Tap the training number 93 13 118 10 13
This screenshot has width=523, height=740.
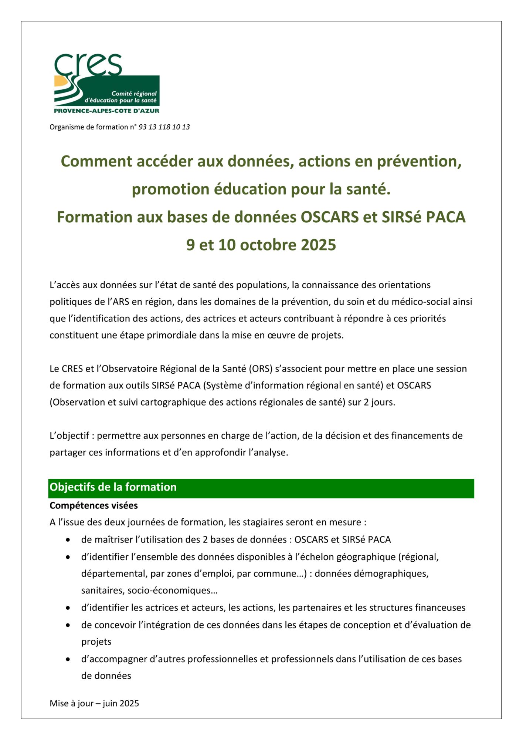coord(164,127)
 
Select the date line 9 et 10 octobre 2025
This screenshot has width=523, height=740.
coord(261,245)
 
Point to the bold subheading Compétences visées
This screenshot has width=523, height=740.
coord(94,505)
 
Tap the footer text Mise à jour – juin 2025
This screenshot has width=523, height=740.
coord(94,703)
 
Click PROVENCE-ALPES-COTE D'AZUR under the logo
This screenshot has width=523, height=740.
coord(106,111)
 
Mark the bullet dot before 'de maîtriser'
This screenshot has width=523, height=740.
coord(68,540)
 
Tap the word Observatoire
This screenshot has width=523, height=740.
coord(129,369)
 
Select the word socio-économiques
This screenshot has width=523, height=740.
coord(172,590)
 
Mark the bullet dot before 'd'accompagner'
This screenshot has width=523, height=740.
coord(68,659)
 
